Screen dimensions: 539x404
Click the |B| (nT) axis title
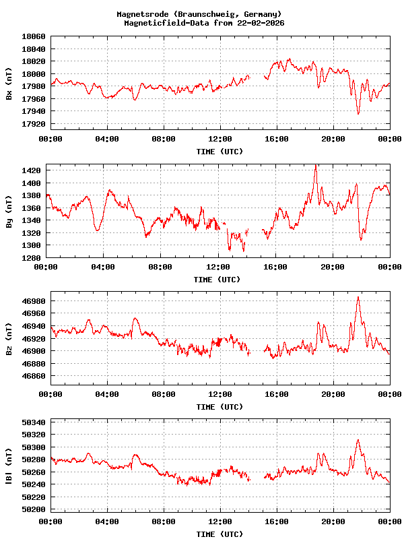[9, 466]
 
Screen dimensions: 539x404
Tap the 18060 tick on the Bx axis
[34, 36]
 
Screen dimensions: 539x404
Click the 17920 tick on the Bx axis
[34, 124]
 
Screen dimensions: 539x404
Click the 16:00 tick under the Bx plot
[277, 139]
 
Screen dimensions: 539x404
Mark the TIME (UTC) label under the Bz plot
[220, 407]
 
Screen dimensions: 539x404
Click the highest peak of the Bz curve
[358, 296]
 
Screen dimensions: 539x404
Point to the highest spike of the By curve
[315, 165]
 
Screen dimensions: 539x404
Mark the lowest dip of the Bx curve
[358, 114]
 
